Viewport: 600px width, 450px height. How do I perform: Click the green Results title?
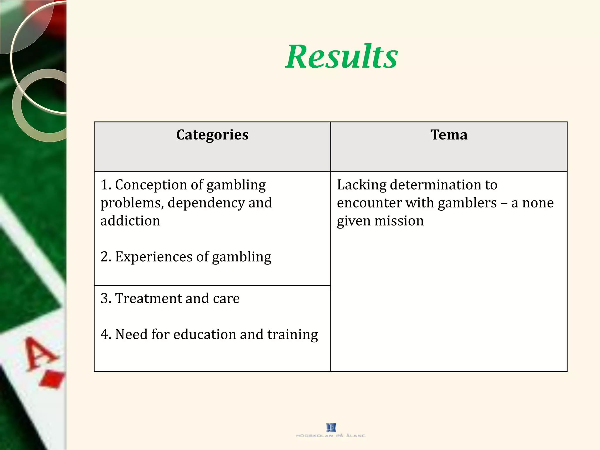coord(341,56)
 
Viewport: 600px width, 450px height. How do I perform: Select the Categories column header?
coord(212,135)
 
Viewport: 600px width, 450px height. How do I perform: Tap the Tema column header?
coord(449,135)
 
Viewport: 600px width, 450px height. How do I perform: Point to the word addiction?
coord(130,221)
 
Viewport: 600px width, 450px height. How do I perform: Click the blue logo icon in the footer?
coord(331,427)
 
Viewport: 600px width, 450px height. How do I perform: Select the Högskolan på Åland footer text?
coord(331,436)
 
